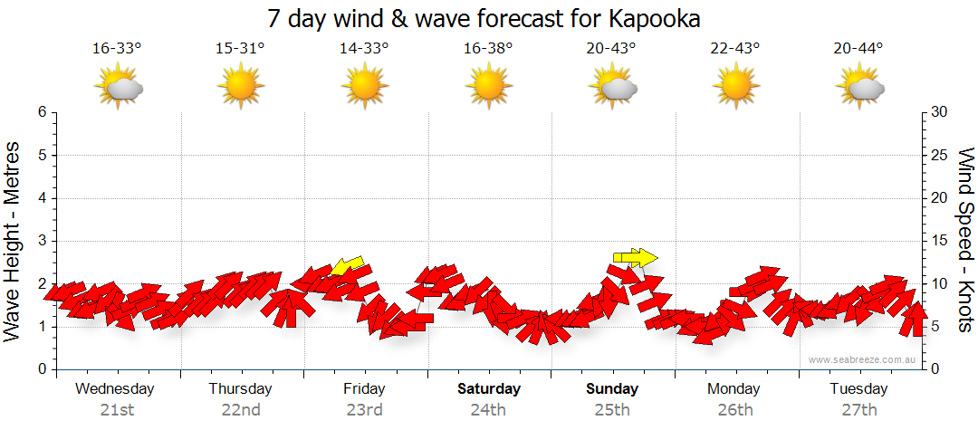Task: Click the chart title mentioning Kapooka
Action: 484,18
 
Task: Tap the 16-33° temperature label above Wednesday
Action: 117,49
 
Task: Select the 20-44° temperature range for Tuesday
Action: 858,49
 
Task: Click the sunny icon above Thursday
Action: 240,87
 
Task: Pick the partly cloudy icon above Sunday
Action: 612,87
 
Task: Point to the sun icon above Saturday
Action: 488,87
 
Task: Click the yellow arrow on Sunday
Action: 634,258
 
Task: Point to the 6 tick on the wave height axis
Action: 42,112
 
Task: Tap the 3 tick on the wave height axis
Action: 42,241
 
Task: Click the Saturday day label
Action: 488,389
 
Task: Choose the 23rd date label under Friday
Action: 364,409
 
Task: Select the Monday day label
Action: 734,389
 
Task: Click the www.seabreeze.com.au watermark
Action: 863,359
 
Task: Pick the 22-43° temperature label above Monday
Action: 734,49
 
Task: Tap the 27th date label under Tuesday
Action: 858,409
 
